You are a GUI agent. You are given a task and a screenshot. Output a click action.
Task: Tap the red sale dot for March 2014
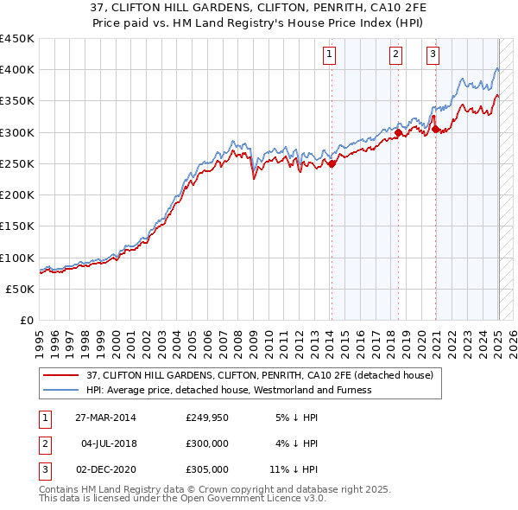click(x=332, y=163)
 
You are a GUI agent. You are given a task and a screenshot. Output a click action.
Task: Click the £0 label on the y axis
click(x=26, y=321)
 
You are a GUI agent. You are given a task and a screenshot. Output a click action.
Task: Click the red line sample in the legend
click(x=61, y=375)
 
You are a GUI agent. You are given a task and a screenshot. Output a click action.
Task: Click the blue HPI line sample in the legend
click(x=61, y=390)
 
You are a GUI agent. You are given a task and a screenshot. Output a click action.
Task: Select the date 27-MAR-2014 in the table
click(x=105, y=418)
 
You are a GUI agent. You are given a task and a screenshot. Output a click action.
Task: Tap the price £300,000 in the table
click(x=206, y=443)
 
